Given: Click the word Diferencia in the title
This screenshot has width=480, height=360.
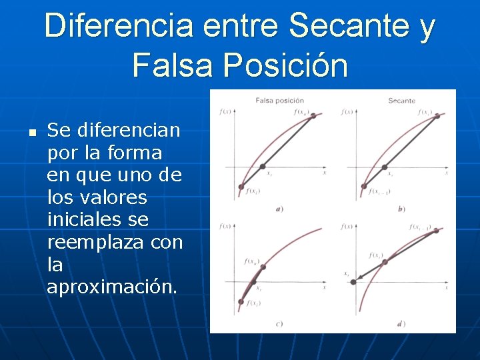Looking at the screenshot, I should pos(119,27).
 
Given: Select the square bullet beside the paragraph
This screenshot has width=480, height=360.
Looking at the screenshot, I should pos(31,132).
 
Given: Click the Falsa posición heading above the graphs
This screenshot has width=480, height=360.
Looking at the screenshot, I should pos(280,101).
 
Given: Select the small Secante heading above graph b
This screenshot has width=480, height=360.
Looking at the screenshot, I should pos(401,101).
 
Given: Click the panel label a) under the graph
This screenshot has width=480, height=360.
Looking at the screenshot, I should pos(279,209).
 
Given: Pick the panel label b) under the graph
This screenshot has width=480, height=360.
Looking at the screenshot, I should pos(401,209).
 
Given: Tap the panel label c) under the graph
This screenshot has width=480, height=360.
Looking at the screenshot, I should pos(279,324).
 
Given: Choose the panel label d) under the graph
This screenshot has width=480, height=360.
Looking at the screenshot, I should pos(401,324).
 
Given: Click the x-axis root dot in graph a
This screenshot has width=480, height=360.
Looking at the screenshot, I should pos(263,166).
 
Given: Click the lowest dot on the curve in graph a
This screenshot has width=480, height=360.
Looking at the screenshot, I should pos(241,187).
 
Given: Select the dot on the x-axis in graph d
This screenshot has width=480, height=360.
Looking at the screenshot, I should pos(353,282).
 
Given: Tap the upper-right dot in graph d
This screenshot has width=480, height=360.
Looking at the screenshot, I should pos(437,231).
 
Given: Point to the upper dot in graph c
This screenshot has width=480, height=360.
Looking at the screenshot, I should pos(263,267).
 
